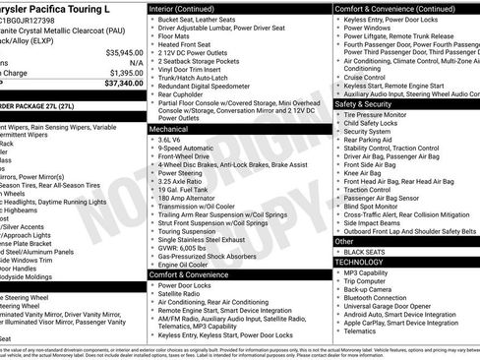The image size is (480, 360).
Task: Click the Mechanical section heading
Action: (169, 129)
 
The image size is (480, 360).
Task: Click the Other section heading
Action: (344, 241)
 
